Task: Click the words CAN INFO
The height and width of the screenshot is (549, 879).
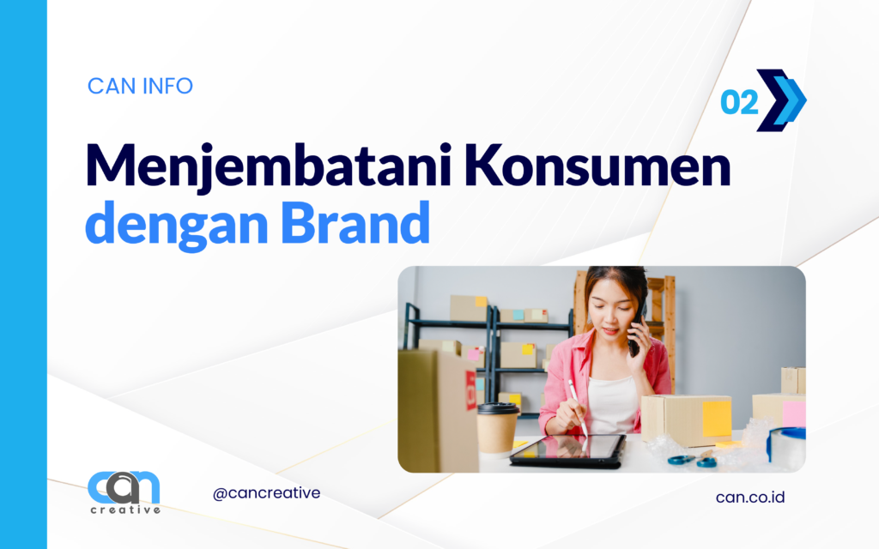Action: [140, 87]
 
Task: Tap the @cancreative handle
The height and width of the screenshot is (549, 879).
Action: [266, 493]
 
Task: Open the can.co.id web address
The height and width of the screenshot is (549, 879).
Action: [749, 497]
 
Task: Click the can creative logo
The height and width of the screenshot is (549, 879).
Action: [124, 492]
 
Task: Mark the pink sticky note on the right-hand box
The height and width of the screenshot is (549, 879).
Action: [793, 413]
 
